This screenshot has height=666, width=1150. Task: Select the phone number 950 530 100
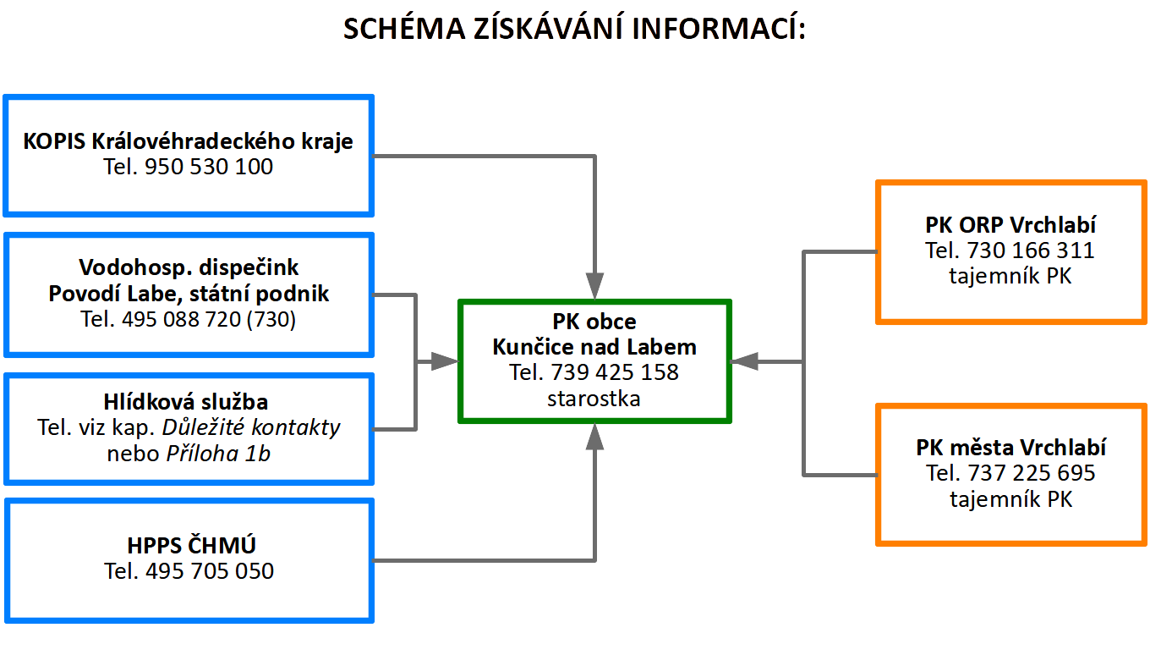208,167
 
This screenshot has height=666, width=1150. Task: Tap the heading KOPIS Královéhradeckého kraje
188,141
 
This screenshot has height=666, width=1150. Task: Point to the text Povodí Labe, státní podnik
189,294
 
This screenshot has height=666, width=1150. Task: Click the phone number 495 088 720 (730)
208,319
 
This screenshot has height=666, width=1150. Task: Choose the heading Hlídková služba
186,401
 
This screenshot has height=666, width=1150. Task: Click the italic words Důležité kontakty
251,427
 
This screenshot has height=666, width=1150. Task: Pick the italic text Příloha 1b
218,454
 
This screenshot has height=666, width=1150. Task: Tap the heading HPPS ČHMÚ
191,545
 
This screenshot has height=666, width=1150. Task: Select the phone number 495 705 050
210,571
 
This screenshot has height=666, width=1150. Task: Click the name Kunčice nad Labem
594,347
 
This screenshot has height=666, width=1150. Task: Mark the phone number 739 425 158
615,372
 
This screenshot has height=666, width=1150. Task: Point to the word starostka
594,399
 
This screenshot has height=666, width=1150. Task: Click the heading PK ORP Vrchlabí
1010,224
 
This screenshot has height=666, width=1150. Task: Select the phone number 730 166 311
1031,250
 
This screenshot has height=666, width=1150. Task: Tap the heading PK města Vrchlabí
1010,448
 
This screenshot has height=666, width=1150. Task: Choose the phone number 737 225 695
1032,473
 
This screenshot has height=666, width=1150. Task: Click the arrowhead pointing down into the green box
594,286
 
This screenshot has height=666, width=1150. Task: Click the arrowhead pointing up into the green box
594,437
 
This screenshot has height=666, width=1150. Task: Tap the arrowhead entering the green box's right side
744,361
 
